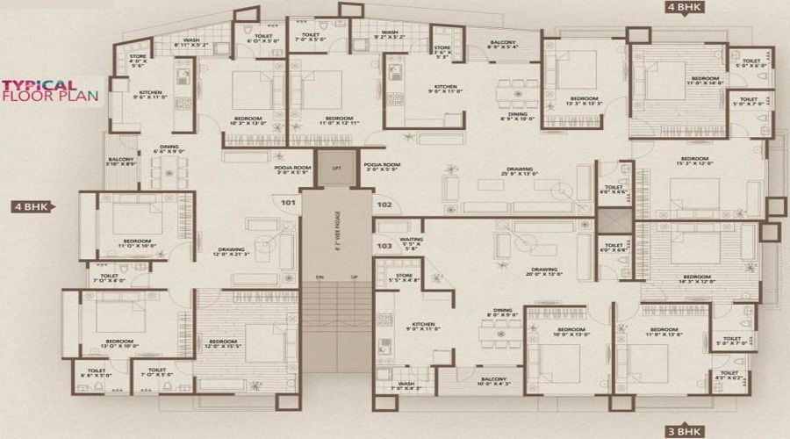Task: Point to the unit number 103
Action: tap(384, 247)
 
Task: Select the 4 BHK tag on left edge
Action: tap(32, 207)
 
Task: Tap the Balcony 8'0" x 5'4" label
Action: tap(502, 44)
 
